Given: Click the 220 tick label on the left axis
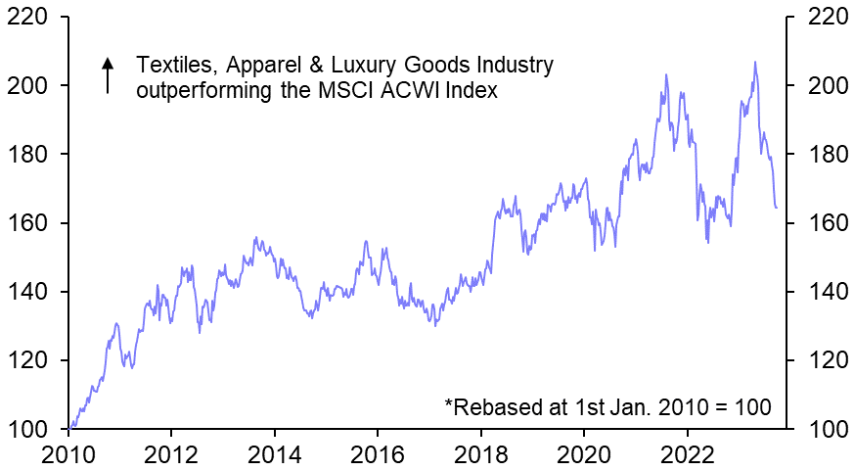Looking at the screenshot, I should pyautogui.click(x=29, y=17).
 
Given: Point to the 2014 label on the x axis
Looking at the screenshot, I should pyautogui.click(x=275, y=453).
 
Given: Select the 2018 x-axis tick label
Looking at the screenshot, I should pyautogui.click(x=481, y=453).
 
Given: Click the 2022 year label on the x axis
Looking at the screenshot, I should pyautogui.click(x=687, y=453).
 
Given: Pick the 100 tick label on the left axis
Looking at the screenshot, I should pyautogui.click(x=29, y=429).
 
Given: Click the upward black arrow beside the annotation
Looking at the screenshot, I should pyautogui.click(x=109, y=75).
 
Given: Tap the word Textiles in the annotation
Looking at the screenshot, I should pyautogui.click(x=172, y=66).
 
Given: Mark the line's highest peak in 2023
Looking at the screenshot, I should pyautogui.click(x=754, y=63).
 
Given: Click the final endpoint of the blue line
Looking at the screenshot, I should pyautogui.click(x=777, y=208).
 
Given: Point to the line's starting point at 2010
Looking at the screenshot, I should pyautogui.click(x=68, y=429).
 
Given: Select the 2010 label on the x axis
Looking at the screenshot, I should pyautogui.click(x=68, y=453).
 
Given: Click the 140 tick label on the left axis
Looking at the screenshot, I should pyautogui.click(x=29, y=292).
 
